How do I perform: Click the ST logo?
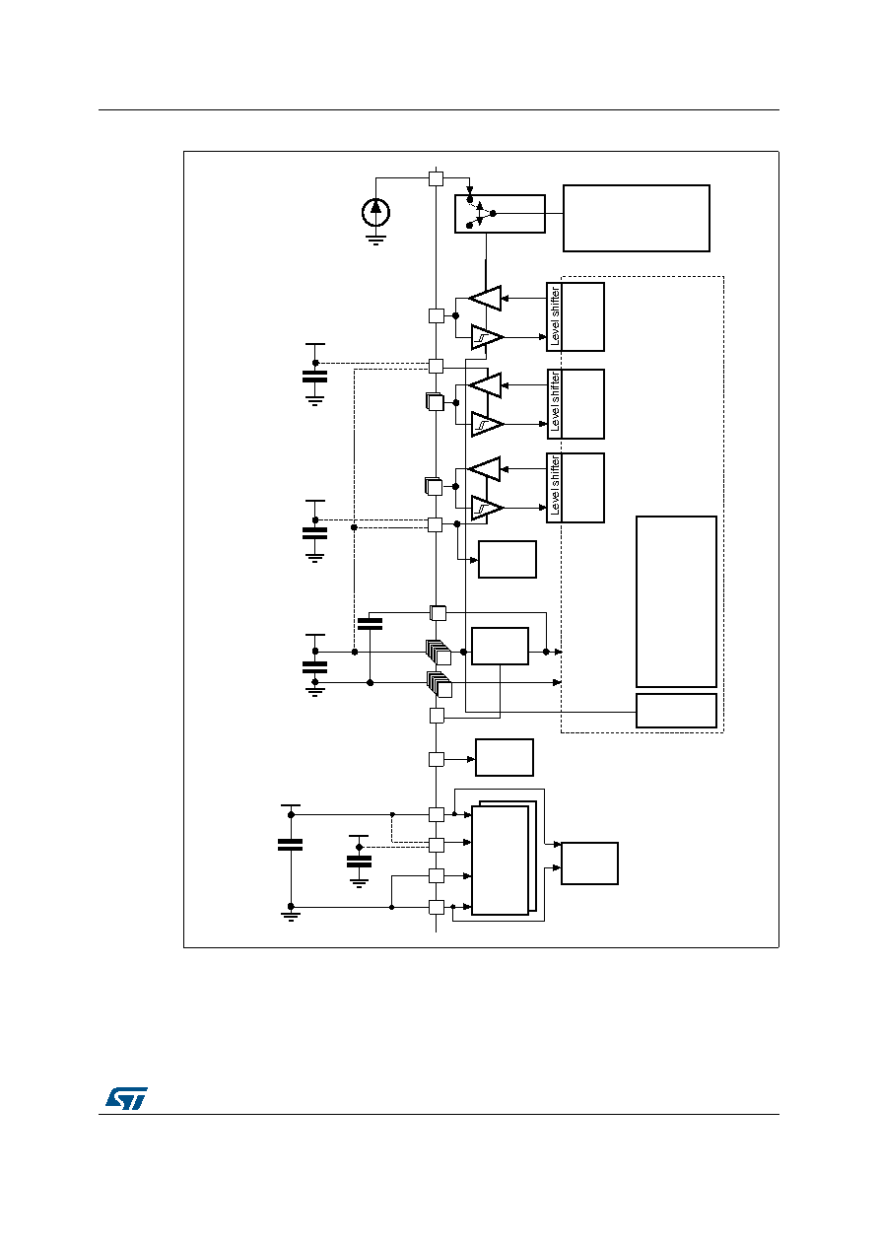click(x=126, y=1098)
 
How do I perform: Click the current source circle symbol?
click(x=375, y=212)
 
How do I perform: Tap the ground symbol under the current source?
click(x=375, y=240)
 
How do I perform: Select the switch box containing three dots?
click(x=500, y=214)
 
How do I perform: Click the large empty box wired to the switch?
click(x=637, y=218)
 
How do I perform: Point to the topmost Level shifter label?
click(x=555, y=316)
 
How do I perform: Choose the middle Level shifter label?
click(x=555, y=403)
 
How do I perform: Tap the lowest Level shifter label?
click(x=555, y=487)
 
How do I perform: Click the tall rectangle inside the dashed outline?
click(x=676, y=601)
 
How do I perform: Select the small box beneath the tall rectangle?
click(x=676, y=711)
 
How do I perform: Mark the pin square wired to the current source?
click(x=436, y=178)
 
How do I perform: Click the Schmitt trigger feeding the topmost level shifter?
click(x=487, y=337)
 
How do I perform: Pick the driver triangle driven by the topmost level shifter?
click(x=485, y=299)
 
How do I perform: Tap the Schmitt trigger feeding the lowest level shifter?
click(x=487, y=508)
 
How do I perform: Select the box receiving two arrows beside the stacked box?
click(x=589, y=863)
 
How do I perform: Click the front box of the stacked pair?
click(x=500, y=861)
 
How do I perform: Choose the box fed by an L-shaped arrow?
click(x=507, y=559)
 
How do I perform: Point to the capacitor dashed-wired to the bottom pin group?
click(x=359, y=862)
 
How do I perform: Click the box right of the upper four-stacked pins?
click(x=500, y=646)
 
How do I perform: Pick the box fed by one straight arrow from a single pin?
click(x=505, y=757)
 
